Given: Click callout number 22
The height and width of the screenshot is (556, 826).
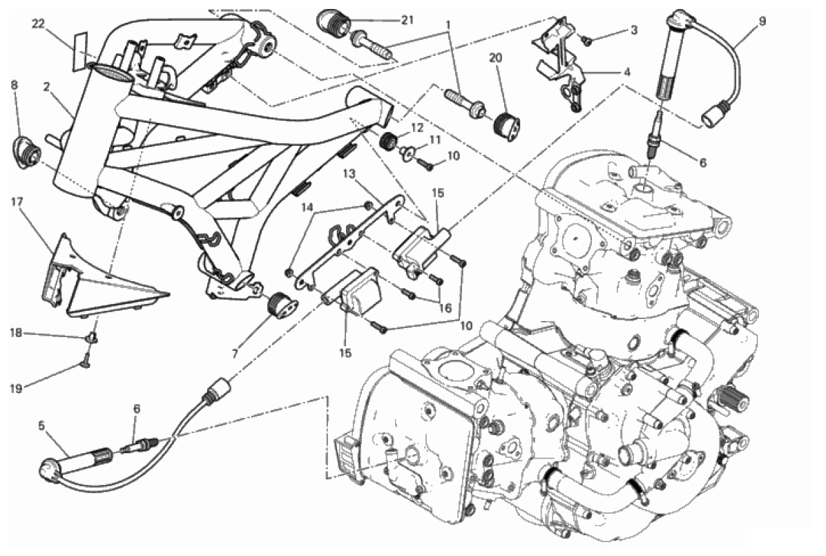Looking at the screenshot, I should point(38,24).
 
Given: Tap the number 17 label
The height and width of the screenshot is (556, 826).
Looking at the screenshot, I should point(18,202).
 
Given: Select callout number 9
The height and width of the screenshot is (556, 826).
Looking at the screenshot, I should point(762,21).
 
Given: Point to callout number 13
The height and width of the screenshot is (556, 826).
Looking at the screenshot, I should point(347,173).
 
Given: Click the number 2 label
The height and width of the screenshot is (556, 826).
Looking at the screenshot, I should point(46,88).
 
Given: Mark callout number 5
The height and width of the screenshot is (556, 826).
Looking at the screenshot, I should point(41,425).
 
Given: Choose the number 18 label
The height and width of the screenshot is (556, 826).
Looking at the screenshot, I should point(15,334).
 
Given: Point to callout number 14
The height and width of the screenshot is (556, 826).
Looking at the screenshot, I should point(307,207).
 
